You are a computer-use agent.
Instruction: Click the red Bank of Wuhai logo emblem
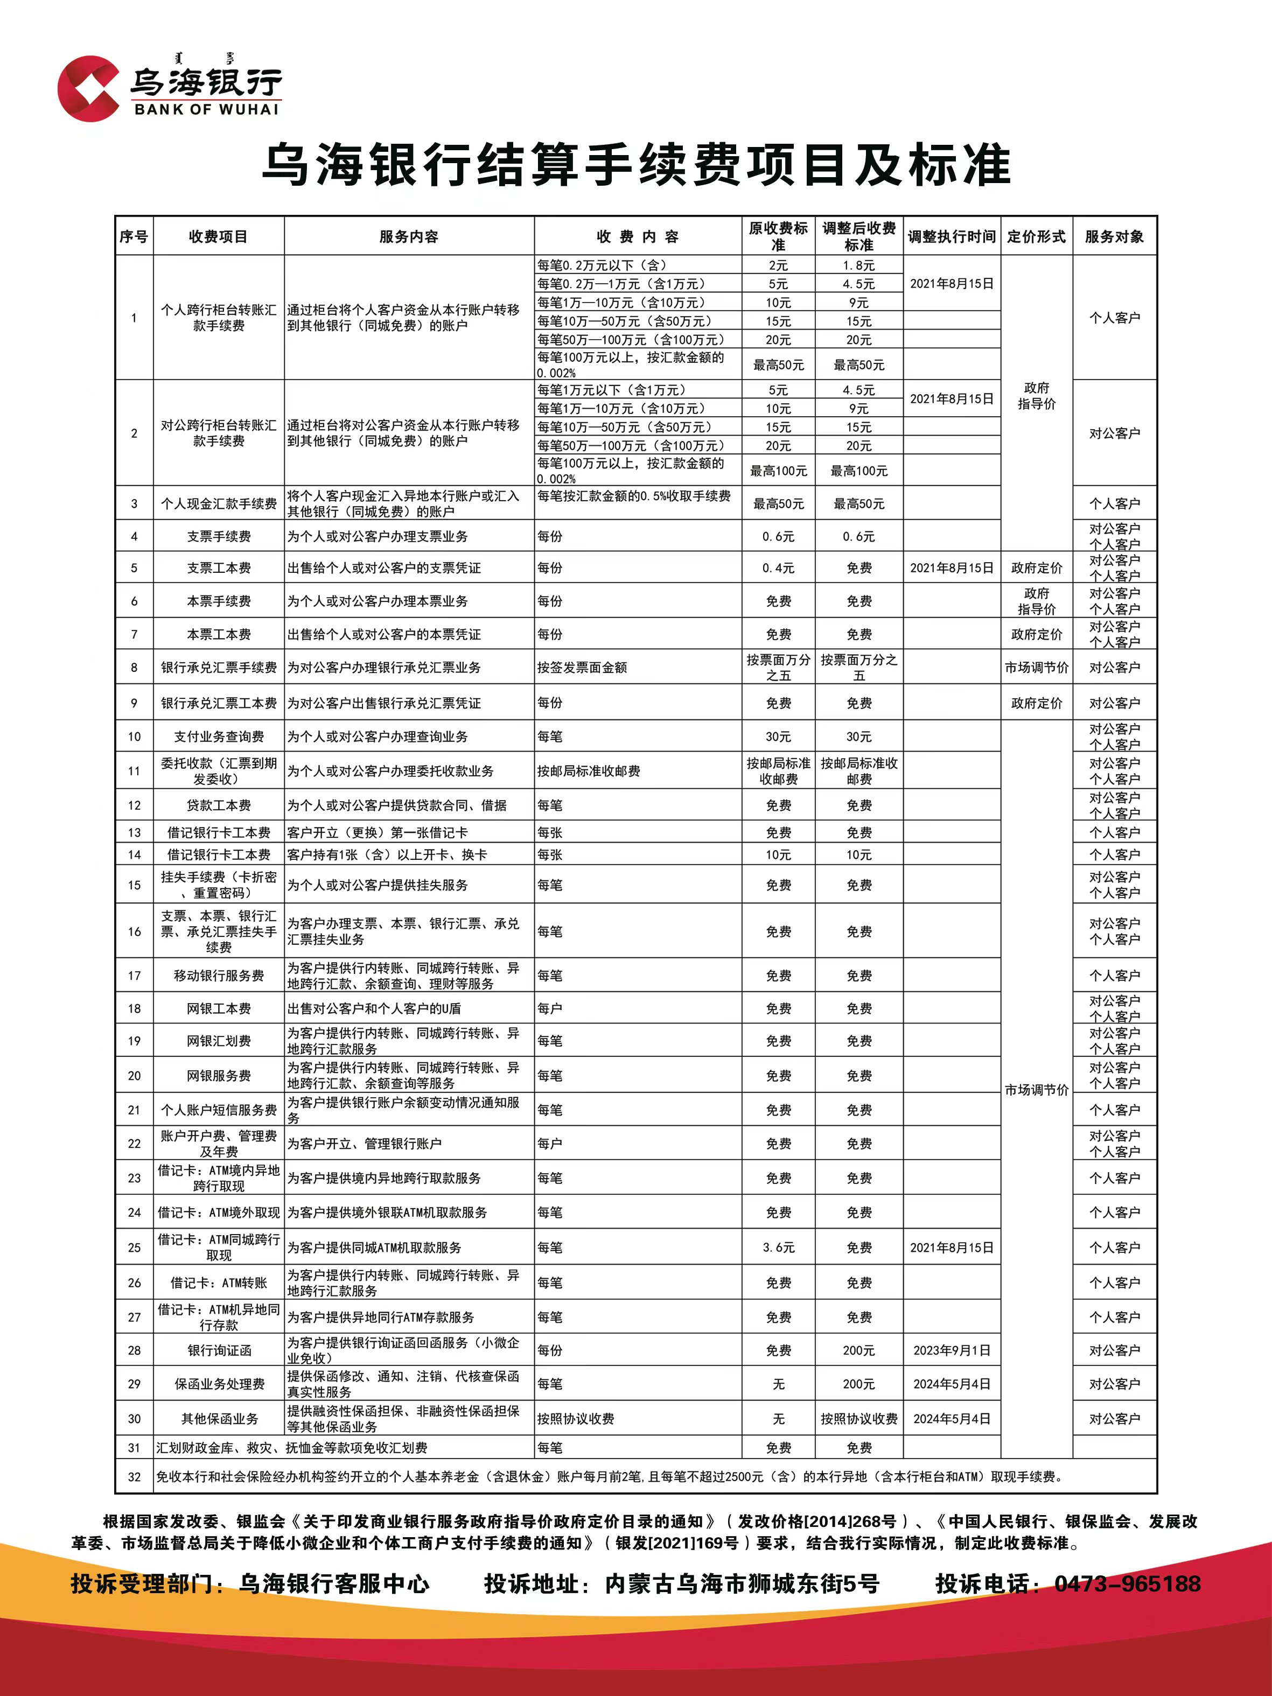88,88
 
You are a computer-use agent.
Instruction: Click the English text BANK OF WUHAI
206,109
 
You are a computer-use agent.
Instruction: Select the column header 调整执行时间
952,237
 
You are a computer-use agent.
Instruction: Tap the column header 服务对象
1114,237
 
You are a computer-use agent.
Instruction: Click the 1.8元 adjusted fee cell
859,265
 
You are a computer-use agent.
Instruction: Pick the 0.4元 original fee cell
778,568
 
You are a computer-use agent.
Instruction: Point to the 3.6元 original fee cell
778,1248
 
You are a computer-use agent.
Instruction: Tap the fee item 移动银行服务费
219,975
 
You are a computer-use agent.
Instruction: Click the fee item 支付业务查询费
219,736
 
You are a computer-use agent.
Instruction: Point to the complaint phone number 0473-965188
1127,1584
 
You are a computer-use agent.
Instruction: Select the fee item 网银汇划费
219,1040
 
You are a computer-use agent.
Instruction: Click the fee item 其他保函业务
219,1418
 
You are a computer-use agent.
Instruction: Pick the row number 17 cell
134,975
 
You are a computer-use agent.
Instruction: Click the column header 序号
134,237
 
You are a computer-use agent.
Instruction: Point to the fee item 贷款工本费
219,805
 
